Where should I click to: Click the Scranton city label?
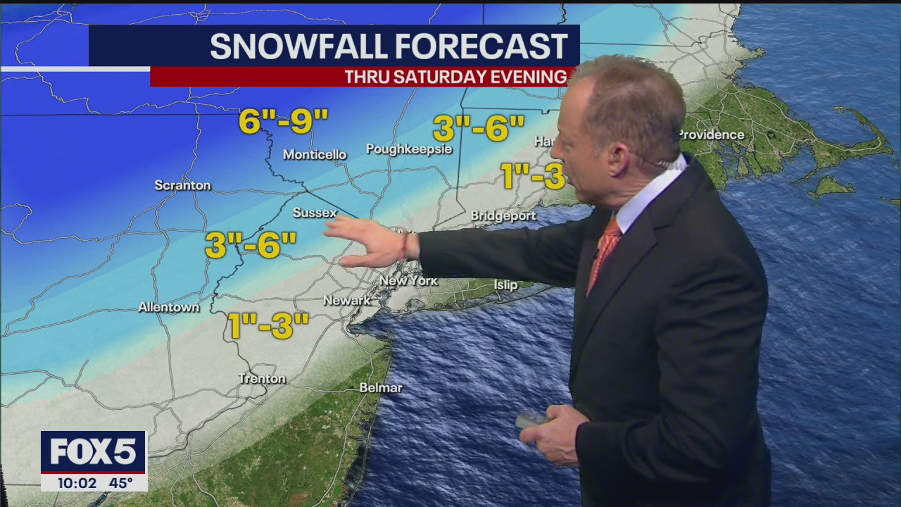pos(182,185)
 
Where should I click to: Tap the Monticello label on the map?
pos(315,154)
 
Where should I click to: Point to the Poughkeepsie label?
pos(408,149)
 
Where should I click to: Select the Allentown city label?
pos(168,307)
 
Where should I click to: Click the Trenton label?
pos(262,379)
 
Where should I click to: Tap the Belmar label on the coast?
pos(380,388)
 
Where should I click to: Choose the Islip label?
pos(505,285)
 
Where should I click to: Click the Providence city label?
pos(711,134)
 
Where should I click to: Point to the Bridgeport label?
pos(503,216)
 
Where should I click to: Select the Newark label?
pos(346,301)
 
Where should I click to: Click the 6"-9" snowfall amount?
pos(283,121)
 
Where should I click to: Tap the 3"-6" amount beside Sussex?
pos(251,245)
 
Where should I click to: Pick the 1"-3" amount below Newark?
pos(268,326)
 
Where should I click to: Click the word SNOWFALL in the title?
pos(296,46)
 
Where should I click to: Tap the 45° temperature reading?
pos(120,483)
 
